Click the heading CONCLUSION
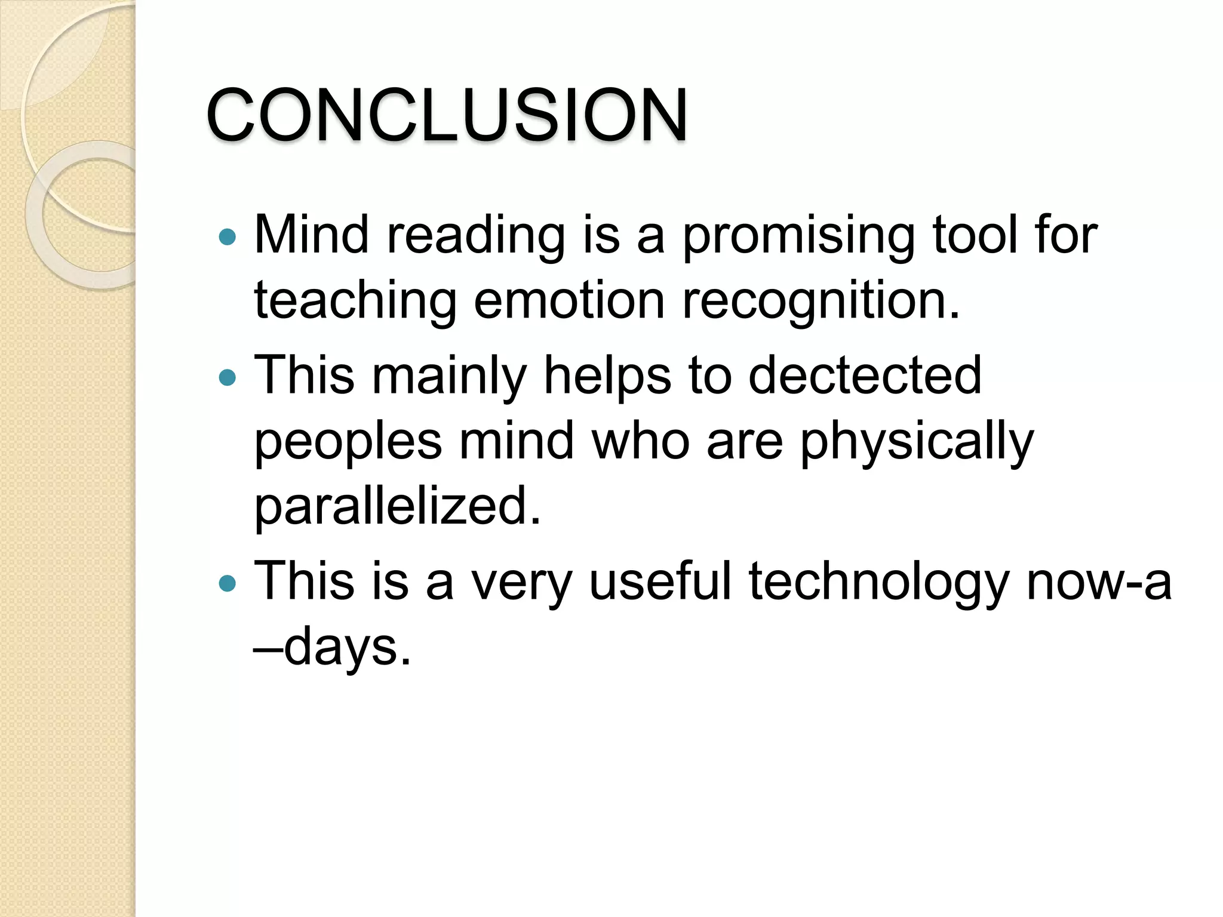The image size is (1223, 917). [x=447, y=115]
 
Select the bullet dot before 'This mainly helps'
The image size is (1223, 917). [x=228, y=377]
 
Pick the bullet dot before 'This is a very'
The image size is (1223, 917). [x=228, y=583]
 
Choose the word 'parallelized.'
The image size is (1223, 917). [x=398, y=506]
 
